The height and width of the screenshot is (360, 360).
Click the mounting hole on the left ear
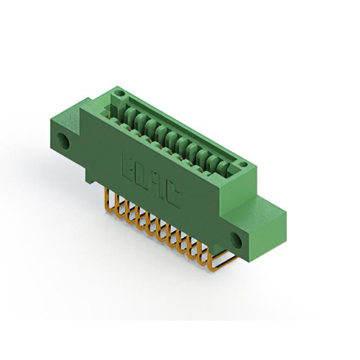tap(64, 141)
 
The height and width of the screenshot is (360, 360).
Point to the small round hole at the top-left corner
tap(119, 93)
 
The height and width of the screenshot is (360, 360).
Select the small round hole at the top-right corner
tap(243, 165)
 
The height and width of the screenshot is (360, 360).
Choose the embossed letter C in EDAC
tap(172, 195)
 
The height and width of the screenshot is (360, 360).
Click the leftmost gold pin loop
tap(109, 200)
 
